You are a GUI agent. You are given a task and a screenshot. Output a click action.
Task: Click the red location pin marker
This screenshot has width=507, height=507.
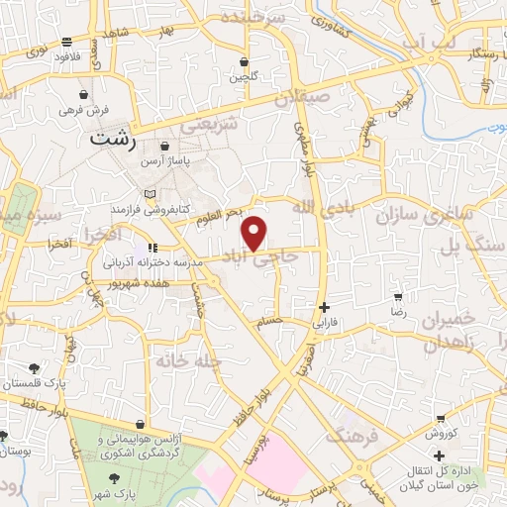point(255,233)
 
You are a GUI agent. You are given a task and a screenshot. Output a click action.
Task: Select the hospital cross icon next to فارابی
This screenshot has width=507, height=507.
point(324,307)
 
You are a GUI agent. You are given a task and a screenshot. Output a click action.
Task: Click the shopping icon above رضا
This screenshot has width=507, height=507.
point(398,296)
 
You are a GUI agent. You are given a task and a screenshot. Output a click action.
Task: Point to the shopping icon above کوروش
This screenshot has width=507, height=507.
point(439,419)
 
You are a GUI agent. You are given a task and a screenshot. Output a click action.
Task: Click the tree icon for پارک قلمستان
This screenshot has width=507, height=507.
point(35,368)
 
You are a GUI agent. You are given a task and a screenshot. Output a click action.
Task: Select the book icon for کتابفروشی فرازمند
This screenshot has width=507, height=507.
point(150,194)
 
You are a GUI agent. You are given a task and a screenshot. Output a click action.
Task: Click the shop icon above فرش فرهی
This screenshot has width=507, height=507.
point(85,93)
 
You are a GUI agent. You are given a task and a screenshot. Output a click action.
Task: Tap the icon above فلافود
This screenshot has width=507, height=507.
point(66,43)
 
